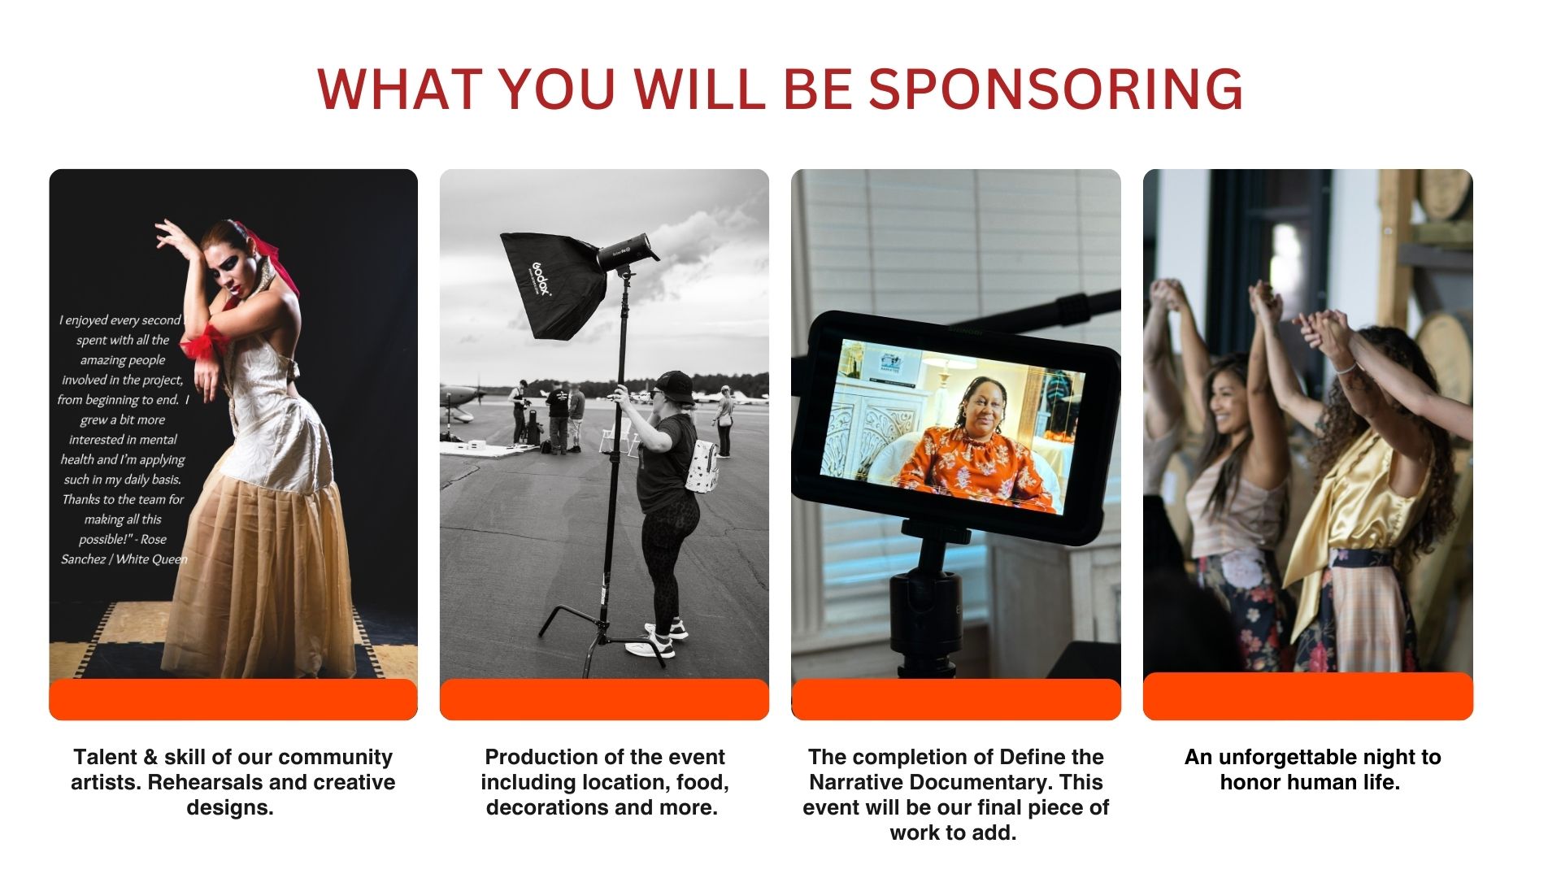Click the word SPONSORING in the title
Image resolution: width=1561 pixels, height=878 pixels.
click(1055, 89)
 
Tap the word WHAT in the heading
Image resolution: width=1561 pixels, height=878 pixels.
click(397, 89)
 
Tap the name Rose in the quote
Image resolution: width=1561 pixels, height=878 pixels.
click(154, 539)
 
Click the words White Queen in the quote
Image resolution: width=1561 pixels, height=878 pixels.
click(152, 559)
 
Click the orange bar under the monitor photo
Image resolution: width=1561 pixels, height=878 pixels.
click(956, 699)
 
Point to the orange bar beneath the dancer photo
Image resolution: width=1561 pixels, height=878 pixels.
click(233, 699)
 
